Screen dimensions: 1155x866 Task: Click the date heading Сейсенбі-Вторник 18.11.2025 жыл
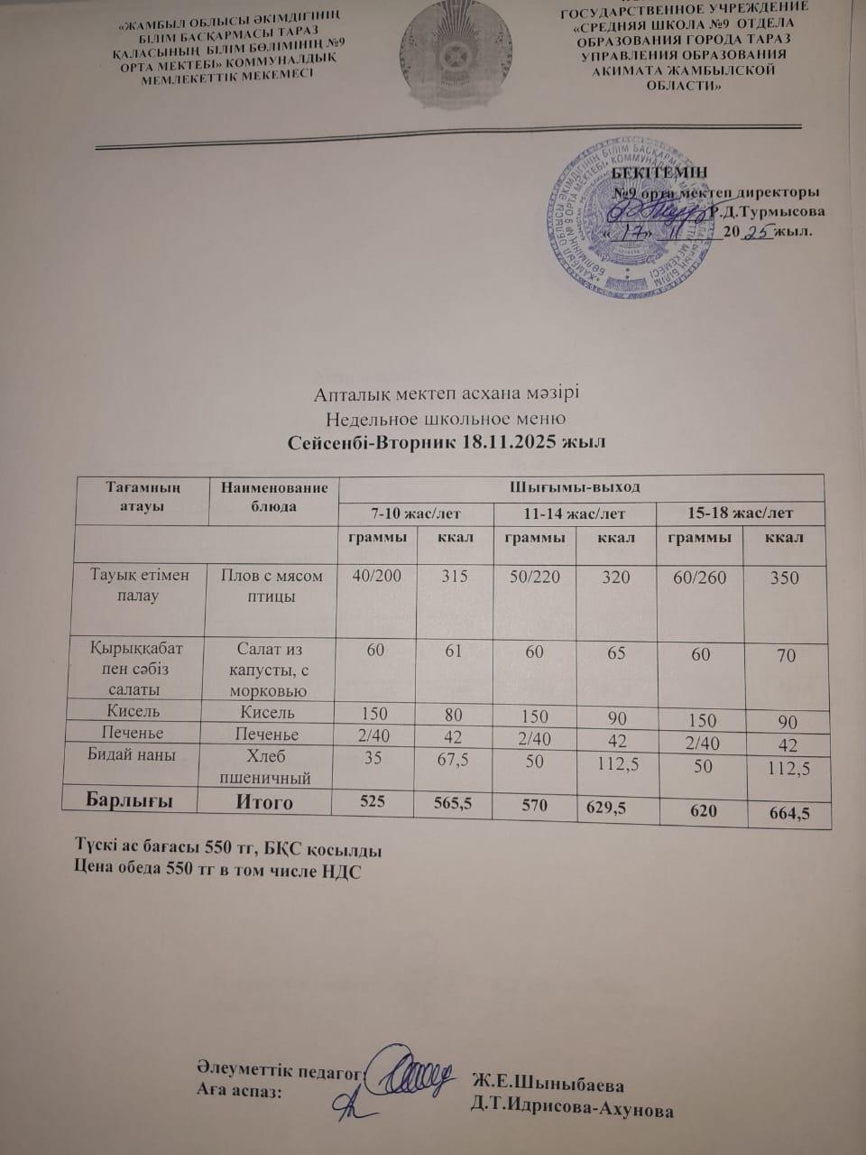tap(447, 443)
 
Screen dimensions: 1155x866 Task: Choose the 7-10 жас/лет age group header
tap(416, 513)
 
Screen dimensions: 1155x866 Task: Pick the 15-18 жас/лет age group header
tap(741, 513)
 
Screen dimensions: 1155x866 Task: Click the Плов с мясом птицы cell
tap(266, 587)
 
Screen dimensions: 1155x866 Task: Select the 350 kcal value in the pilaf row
tap(785, 577)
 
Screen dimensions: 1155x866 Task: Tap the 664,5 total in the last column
tap(785, 814)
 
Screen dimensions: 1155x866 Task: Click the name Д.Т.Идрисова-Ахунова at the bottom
tap(572, 1110)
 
